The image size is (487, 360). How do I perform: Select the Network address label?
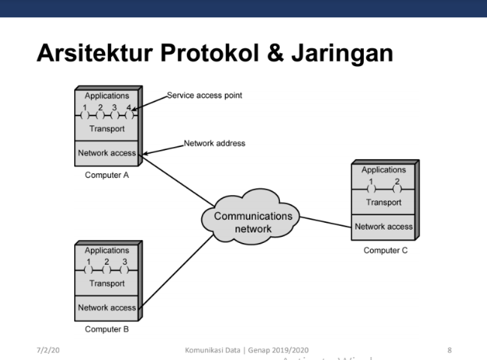[214, 142]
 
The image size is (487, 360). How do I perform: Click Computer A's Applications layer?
[106, 96]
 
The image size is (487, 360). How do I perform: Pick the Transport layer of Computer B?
[107, 283]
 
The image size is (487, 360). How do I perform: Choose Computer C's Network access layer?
[383, 226]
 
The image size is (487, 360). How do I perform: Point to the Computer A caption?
[107, 174]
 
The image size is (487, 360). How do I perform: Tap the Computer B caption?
[107, 328]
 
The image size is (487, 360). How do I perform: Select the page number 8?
[449, 349]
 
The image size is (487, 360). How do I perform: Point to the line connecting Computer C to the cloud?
[326, 220]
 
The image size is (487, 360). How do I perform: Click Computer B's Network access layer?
[107, 307]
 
